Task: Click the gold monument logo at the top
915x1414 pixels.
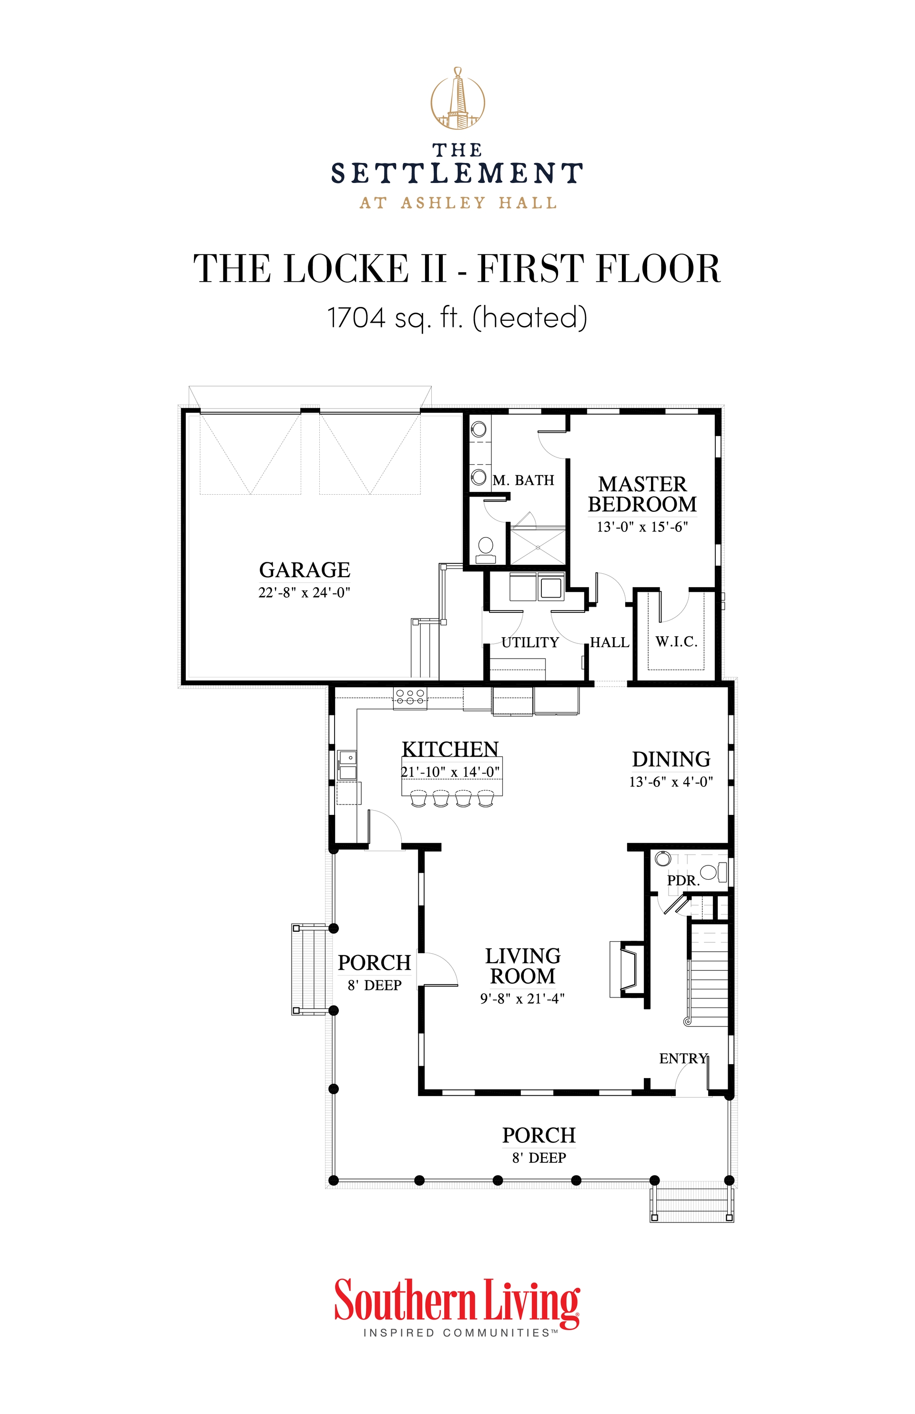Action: (x=457, y=99)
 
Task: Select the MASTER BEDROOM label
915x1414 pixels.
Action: (x=642, y=494)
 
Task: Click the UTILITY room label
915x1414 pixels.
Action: (x=530, y=642)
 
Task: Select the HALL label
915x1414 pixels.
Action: (x=610, y=642)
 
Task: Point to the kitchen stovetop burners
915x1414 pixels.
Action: (x=410, y=697)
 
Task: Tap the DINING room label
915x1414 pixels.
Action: (x=671, y=759)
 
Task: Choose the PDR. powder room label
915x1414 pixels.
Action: (x=683, y=881)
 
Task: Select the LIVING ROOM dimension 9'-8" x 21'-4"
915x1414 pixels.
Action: (x=522, y=999)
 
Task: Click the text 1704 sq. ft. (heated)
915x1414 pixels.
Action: (x=457, y=317)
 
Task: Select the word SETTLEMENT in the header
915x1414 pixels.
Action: (x=457, y=173)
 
